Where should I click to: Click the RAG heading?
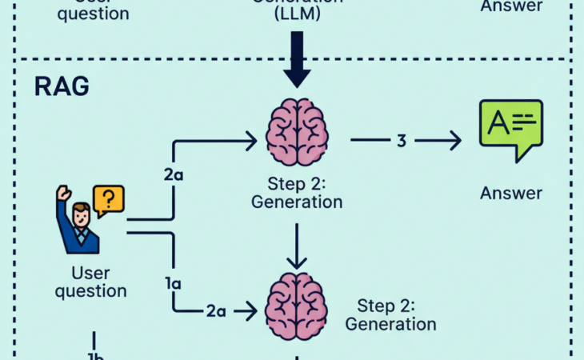coord(62,87)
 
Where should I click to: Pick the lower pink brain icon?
coord(297,306)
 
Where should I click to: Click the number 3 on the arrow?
coord(402,140)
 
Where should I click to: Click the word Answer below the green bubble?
coord(511,193)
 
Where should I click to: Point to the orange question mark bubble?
coord(110,198)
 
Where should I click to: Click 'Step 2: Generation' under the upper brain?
coord(297,192)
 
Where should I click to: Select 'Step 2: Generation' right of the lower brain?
coord(390,314)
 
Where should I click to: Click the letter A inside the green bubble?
coord(498,122)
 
